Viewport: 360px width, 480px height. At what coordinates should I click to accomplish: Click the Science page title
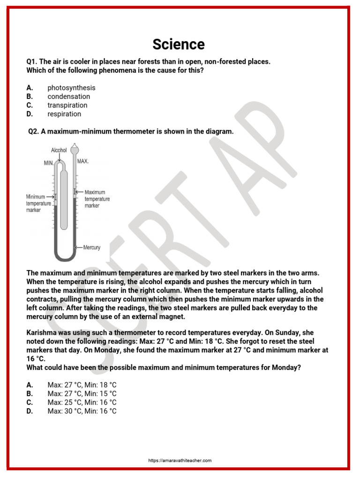pyautogui.click(x=179, y=45)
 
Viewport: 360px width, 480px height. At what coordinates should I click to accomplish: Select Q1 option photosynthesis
pyautogui.click(x=71, y=88)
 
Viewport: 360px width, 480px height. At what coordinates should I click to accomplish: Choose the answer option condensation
pyautogui.click(x=68, y=97)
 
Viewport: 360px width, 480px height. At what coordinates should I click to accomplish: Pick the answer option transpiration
pyautogui.click(x=67, y=105)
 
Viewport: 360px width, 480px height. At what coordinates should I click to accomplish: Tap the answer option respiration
pyautogui.click(x=64, y=114)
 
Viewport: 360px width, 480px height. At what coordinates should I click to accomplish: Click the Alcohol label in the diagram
pyautogui.click(x=59, y=150)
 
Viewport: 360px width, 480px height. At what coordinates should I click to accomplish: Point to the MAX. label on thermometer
pyautogui.click(x=83, y=161)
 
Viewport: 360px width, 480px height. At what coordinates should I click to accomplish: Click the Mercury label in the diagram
pyautogui.click(x=91, y=247)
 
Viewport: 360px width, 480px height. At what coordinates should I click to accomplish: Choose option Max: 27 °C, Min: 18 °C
pyautogui.click(x=82, y=384)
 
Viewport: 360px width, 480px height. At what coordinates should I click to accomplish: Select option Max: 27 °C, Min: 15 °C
pyautogui.click(x=82, y=393)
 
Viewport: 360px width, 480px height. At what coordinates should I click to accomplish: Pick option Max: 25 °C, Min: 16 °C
pyautogui.click(x=82, y=402)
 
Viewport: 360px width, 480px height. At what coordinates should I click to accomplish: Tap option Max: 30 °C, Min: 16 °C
pyautogui.click(x=82, y=411)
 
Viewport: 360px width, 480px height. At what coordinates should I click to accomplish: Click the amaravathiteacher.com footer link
pyautogui.click(x=180, y=461)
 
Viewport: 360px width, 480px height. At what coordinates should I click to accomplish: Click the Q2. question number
pyautogui.click(x=33, y=132)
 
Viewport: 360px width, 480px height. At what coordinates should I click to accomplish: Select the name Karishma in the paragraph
pyautogui.click(x=43, y=332)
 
